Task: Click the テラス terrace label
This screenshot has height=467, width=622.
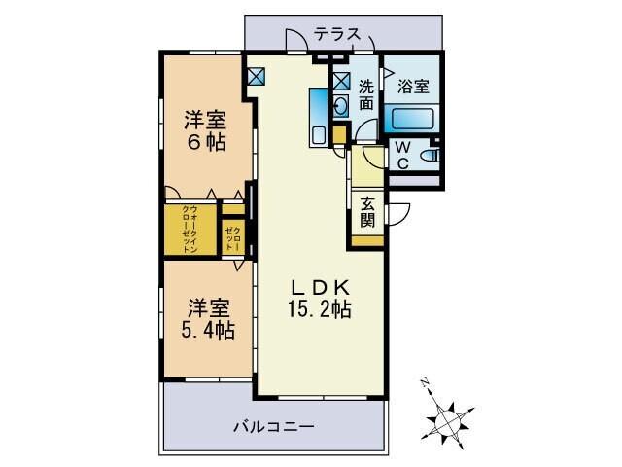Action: (x=337, y=34)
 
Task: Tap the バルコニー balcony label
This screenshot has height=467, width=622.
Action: (x=273, y=426)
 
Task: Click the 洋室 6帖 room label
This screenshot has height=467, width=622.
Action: (x=205, y=130)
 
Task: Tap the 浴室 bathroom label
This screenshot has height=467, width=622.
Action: (x=413, y=86)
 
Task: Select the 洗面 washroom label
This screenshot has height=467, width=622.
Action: (x=365, y=91)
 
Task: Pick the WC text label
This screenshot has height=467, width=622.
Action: (x=402, y=156)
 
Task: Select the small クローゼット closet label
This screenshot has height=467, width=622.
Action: (x=234, y=238)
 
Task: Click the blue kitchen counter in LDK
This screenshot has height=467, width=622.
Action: (x=318, y=116)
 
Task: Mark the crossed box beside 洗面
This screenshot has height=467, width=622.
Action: (x=340, y=82)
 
